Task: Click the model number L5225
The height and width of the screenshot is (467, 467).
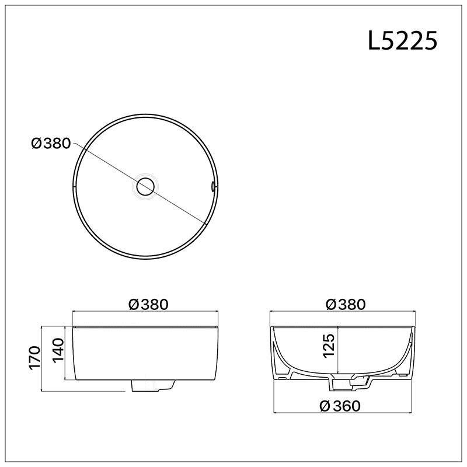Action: [x=403, y=41]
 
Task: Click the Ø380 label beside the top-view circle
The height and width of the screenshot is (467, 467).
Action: [x=51, y=143]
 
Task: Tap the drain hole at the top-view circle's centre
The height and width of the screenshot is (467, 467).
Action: [x=145, y=187]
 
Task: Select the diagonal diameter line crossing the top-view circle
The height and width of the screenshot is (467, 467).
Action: [x=175, y=204]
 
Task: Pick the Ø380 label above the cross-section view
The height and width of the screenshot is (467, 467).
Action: [x=346, y=304]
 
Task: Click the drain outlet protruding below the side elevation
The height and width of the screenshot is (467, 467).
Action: [x=154, y=386]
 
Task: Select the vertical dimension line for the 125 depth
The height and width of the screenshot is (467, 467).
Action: [x=339, y=350]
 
